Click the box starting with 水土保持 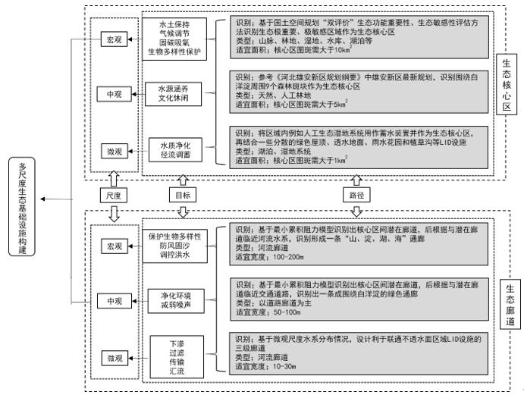pyautogui.click(x=175, y=39)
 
